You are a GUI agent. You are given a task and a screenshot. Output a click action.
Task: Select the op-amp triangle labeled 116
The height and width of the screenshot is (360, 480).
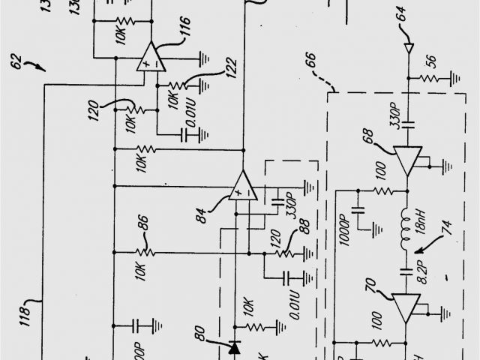pyautogui.click(x=152, y=56)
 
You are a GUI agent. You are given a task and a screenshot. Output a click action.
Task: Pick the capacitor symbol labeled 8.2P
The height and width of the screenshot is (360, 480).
pyautogui.click(x=406, y=268)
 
